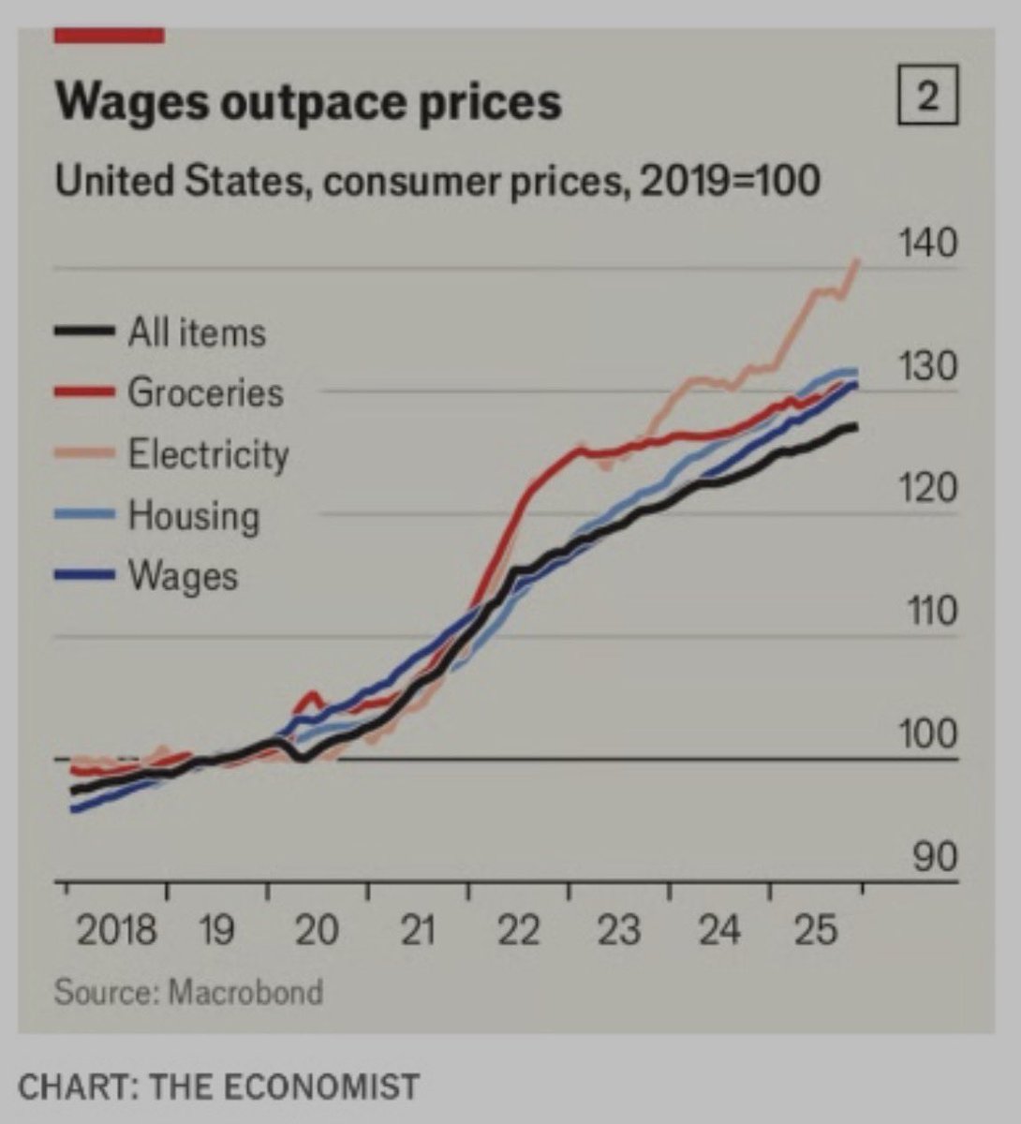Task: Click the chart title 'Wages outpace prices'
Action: pyautogui.click(x=308, y=101)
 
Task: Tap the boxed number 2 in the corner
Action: pyautogui.click(x=927, y=99)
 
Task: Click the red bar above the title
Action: pyautogui.click(x=110, y=36)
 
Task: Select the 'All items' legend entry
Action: pyautogui.click(x=196, y=333)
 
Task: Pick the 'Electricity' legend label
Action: pyautogui.click(x=208, y=454)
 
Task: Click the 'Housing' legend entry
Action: pyautogui.click(x=193, y=515)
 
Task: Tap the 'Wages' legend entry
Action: pyautogui.click(x=183, y=575)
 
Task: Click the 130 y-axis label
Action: pyautogui.click(x=928, y=366)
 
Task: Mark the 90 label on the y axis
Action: pyautogui.click(x=934, y=857)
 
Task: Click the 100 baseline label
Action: pyautogui.click(x=928, y=734)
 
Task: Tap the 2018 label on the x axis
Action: pyautogui.click(x=115, y=931)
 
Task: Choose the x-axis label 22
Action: pyautogui.click(x=518, y=931)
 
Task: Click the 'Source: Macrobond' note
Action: pyautogui.click(x=188, y=991)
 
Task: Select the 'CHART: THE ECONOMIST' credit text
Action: pyautogui.click(x=219, y=1087)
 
